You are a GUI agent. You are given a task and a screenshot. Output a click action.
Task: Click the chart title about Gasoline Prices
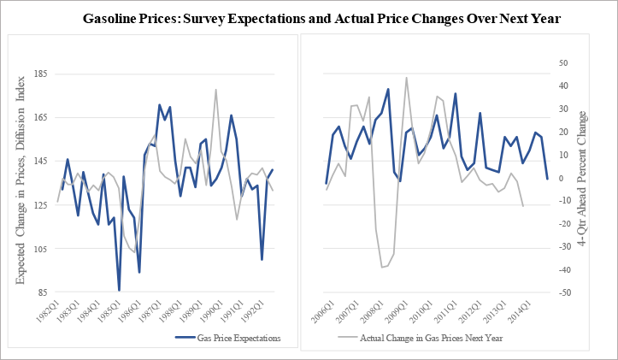pyautogui.click(x=321, y=18)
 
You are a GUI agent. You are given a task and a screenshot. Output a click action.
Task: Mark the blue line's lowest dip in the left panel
pyautogui.click(x=119, y=290)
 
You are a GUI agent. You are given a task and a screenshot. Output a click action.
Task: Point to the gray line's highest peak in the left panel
pyautogui.click(x=215, y=89)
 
